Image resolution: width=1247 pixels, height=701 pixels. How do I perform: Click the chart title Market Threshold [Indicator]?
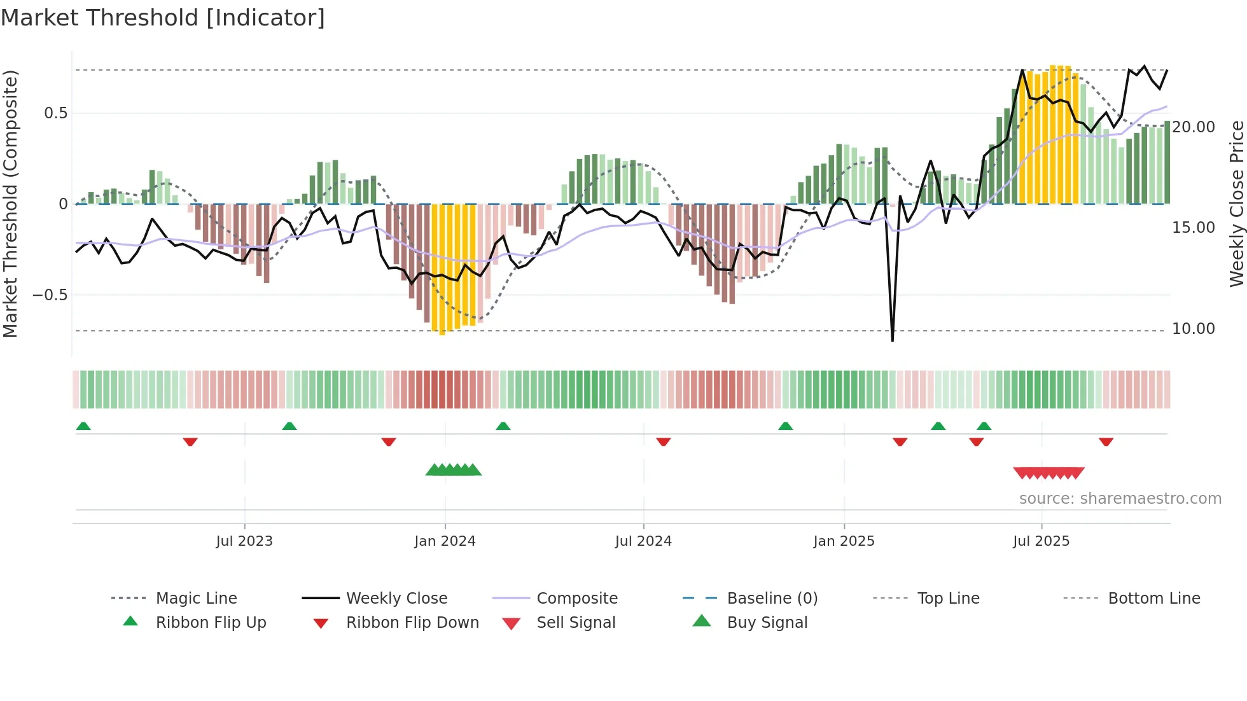163,18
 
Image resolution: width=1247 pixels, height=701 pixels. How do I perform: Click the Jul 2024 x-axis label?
643,541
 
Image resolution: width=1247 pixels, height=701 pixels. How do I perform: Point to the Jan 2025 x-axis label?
844,541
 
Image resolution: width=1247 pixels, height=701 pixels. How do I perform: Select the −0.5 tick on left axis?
50,295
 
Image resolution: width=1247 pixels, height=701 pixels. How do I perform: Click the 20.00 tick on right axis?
1194,127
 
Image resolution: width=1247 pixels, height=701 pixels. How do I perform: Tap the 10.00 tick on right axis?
1194,329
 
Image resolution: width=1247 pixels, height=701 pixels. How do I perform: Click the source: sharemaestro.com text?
1120,498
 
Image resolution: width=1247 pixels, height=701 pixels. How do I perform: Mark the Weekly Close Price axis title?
1236,204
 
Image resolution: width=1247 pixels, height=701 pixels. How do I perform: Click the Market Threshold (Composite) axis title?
10,204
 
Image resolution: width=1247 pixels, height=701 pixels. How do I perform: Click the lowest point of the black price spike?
893,341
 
